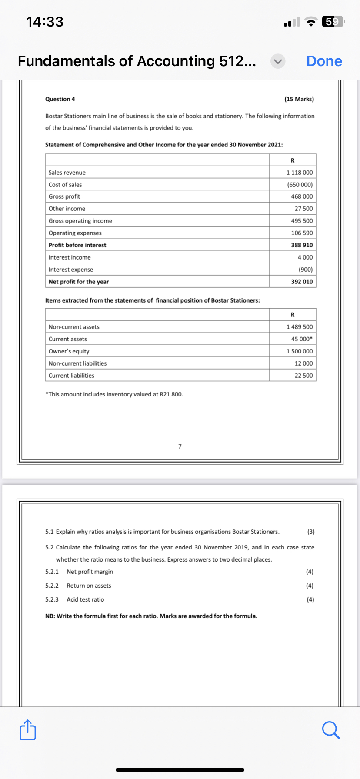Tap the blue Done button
pyautogui.click(x=324, y=61)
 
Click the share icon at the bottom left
pyautogui.click(x=28, y=730)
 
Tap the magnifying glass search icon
pyautogui.click(x=331, y=730)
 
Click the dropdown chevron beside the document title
pyautogui.click(x=278, y=61)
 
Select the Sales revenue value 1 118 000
pyautogui.click(x=299, y=173)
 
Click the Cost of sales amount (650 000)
pyautogui.click(x=300, y=185)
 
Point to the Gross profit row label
pyautogui.click(x=64, y=196)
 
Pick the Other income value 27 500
pyautogui.click(x=303, y=209)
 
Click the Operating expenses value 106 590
pyautogui.click(x=301, y=233)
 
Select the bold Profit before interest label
pyautogui.click(x=77, y=245)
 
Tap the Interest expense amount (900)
pyautogui.click(x=305, y=270)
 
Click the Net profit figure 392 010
pyautogui.click(x=301, y=282)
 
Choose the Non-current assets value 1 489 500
pyautogui.click(x=299, y=327)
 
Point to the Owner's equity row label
pyautogui.click(x=69, y=351)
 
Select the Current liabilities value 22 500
pyautogui.click(x=303, y=376)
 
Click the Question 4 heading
pyautogui.click(x=60, y=99)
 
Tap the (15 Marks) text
pyautogui.click(x=299, y=99)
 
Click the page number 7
pyautogui.click(x=180, y=446)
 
